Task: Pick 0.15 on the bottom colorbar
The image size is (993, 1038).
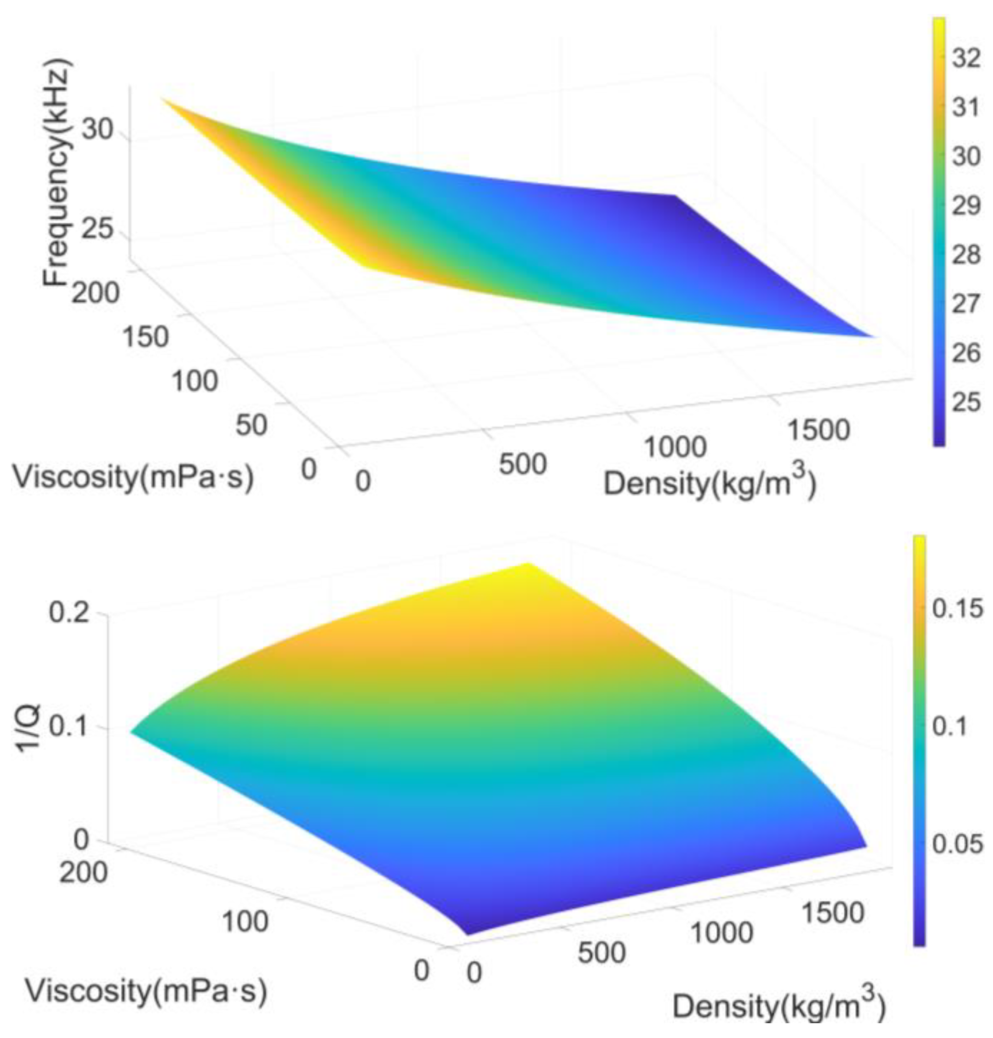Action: (x=958, y=609)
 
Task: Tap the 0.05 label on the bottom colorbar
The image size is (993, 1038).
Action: (x=958, y=844)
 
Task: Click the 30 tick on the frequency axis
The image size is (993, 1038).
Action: (x=98, y=129)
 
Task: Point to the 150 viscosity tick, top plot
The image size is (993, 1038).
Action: (x=145, y=337)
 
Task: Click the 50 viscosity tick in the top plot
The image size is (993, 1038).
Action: (x=251, y=425)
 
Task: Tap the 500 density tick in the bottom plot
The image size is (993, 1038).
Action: (x=602, y=952)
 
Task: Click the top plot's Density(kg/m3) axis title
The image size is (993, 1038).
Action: (x=710, y=483)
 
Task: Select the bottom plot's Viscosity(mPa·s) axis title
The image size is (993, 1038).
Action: (x=146, y=991)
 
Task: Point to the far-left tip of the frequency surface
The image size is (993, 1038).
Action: (x=163, y=99)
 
